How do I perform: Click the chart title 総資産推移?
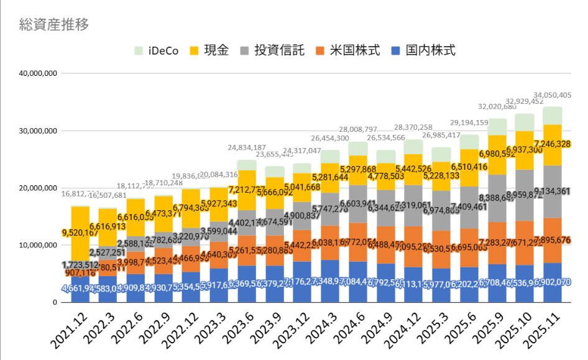pyautogui.click(x=54, y=25)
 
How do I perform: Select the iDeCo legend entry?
pyautogui.click(x=156, y=50)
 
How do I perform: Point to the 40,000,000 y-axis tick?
pyautogui.click(x=39, y=73)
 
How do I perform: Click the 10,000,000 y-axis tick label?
pyautogui.click(x=39, y=245)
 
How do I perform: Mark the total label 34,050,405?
pyautogui.click(x=548, y=95)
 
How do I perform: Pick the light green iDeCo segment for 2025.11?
pyautogui.click(x=553, y=116)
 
